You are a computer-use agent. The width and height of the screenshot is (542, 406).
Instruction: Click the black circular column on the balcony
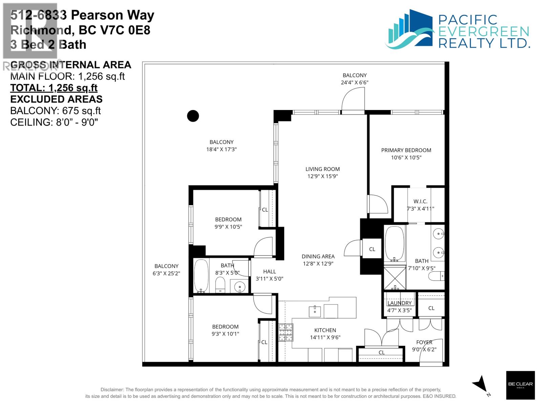(x=193, y=116)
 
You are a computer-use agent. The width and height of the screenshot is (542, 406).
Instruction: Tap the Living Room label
(x=322, y=169)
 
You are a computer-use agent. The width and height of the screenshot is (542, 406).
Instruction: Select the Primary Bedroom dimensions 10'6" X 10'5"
(x=406, y=157)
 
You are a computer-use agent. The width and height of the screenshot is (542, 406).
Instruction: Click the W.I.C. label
(x=420, y=201)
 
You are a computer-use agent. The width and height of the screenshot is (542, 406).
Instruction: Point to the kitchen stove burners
(x=286, y=332)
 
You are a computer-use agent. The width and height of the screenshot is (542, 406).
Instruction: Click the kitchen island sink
(x=315, y=311)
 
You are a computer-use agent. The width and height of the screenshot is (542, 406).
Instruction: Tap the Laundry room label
(x=399, y=303)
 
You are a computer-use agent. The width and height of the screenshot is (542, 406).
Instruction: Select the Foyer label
(x=424, y=342)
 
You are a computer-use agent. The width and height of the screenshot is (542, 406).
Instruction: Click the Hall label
(x=269, y=271)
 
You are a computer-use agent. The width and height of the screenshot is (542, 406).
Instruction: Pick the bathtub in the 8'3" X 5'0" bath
(x=201, y=276)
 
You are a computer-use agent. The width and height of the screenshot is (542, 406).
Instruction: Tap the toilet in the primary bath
(x=436, y=277)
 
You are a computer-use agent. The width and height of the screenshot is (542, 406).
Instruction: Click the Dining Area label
(x=318, y=256)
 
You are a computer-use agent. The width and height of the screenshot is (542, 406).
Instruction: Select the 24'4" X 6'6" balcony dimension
(x=354, y=83)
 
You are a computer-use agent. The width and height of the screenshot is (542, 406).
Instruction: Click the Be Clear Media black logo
(x=520, y=385)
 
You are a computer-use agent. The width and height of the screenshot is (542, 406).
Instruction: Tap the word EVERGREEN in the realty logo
(x=484, y=32)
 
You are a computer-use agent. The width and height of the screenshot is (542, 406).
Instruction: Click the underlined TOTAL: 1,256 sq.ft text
(x=54, y=88)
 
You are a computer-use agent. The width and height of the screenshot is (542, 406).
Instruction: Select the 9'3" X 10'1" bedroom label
(x=225, y=334)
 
